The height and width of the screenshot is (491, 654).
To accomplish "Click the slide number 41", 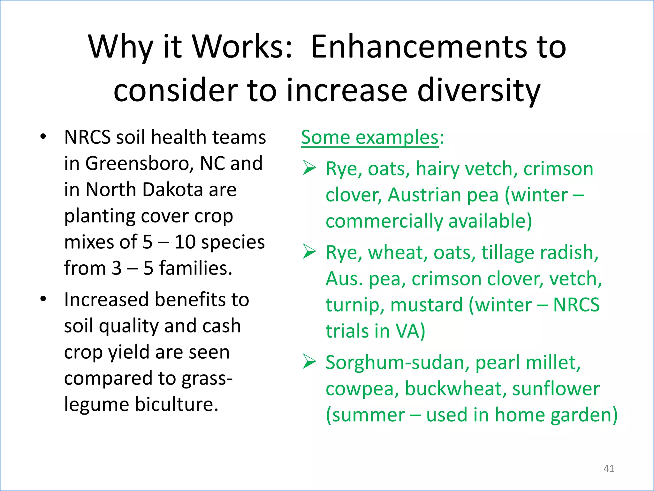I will [609, 469].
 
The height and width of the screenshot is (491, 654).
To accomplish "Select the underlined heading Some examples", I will [370, 137].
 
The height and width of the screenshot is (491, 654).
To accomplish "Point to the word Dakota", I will [172, 190].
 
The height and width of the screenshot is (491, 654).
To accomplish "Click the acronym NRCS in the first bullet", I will [87, 137].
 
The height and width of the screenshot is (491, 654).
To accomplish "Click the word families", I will [195, 269].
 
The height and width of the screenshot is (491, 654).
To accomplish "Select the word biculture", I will [177, 404].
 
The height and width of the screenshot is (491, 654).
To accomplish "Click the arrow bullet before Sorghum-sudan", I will [309, 362].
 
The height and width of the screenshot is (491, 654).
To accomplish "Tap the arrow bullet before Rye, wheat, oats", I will [309, 252].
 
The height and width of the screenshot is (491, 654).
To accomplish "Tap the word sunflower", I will [556, 389].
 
